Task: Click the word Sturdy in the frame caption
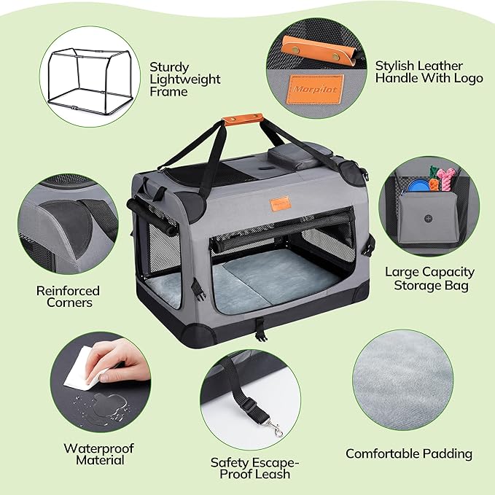tap(169, 68)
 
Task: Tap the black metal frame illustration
tap(90, 82)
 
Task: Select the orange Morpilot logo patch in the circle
tap(315, 90)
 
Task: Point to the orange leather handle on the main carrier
tap(243, 120)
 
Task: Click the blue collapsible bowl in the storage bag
tap(418, 186)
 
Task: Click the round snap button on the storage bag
tap(428, 219)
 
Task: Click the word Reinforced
tap(68, 291)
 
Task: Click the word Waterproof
tap(99, 448)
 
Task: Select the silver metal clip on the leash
tap(274, 429)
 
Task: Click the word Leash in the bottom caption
tap(273, 474)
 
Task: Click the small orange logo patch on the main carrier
tap(280, 203)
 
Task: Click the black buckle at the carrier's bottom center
tap(260, 330)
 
